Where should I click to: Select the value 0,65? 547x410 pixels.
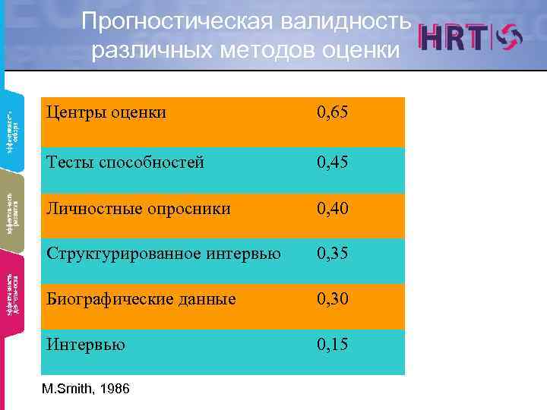tap(334, 113)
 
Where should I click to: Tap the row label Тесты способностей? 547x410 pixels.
tap(125, 162)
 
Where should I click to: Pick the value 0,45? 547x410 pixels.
tap(334, 162)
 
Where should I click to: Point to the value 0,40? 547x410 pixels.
tap(334, 207)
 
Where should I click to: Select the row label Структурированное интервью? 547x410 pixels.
tap(163, 254)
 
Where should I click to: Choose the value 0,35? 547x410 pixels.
tap(334, 254)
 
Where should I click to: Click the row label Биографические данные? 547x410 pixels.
tap(141, 299)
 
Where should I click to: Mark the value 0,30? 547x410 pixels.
tap(334, 299)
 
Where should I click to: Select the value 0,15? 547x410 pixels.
tap(334, 345)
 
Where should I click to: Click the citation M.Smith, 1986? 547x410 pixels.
tap(87, 389)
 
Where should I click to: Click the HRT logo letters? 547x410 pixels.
tap(454, 39)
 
